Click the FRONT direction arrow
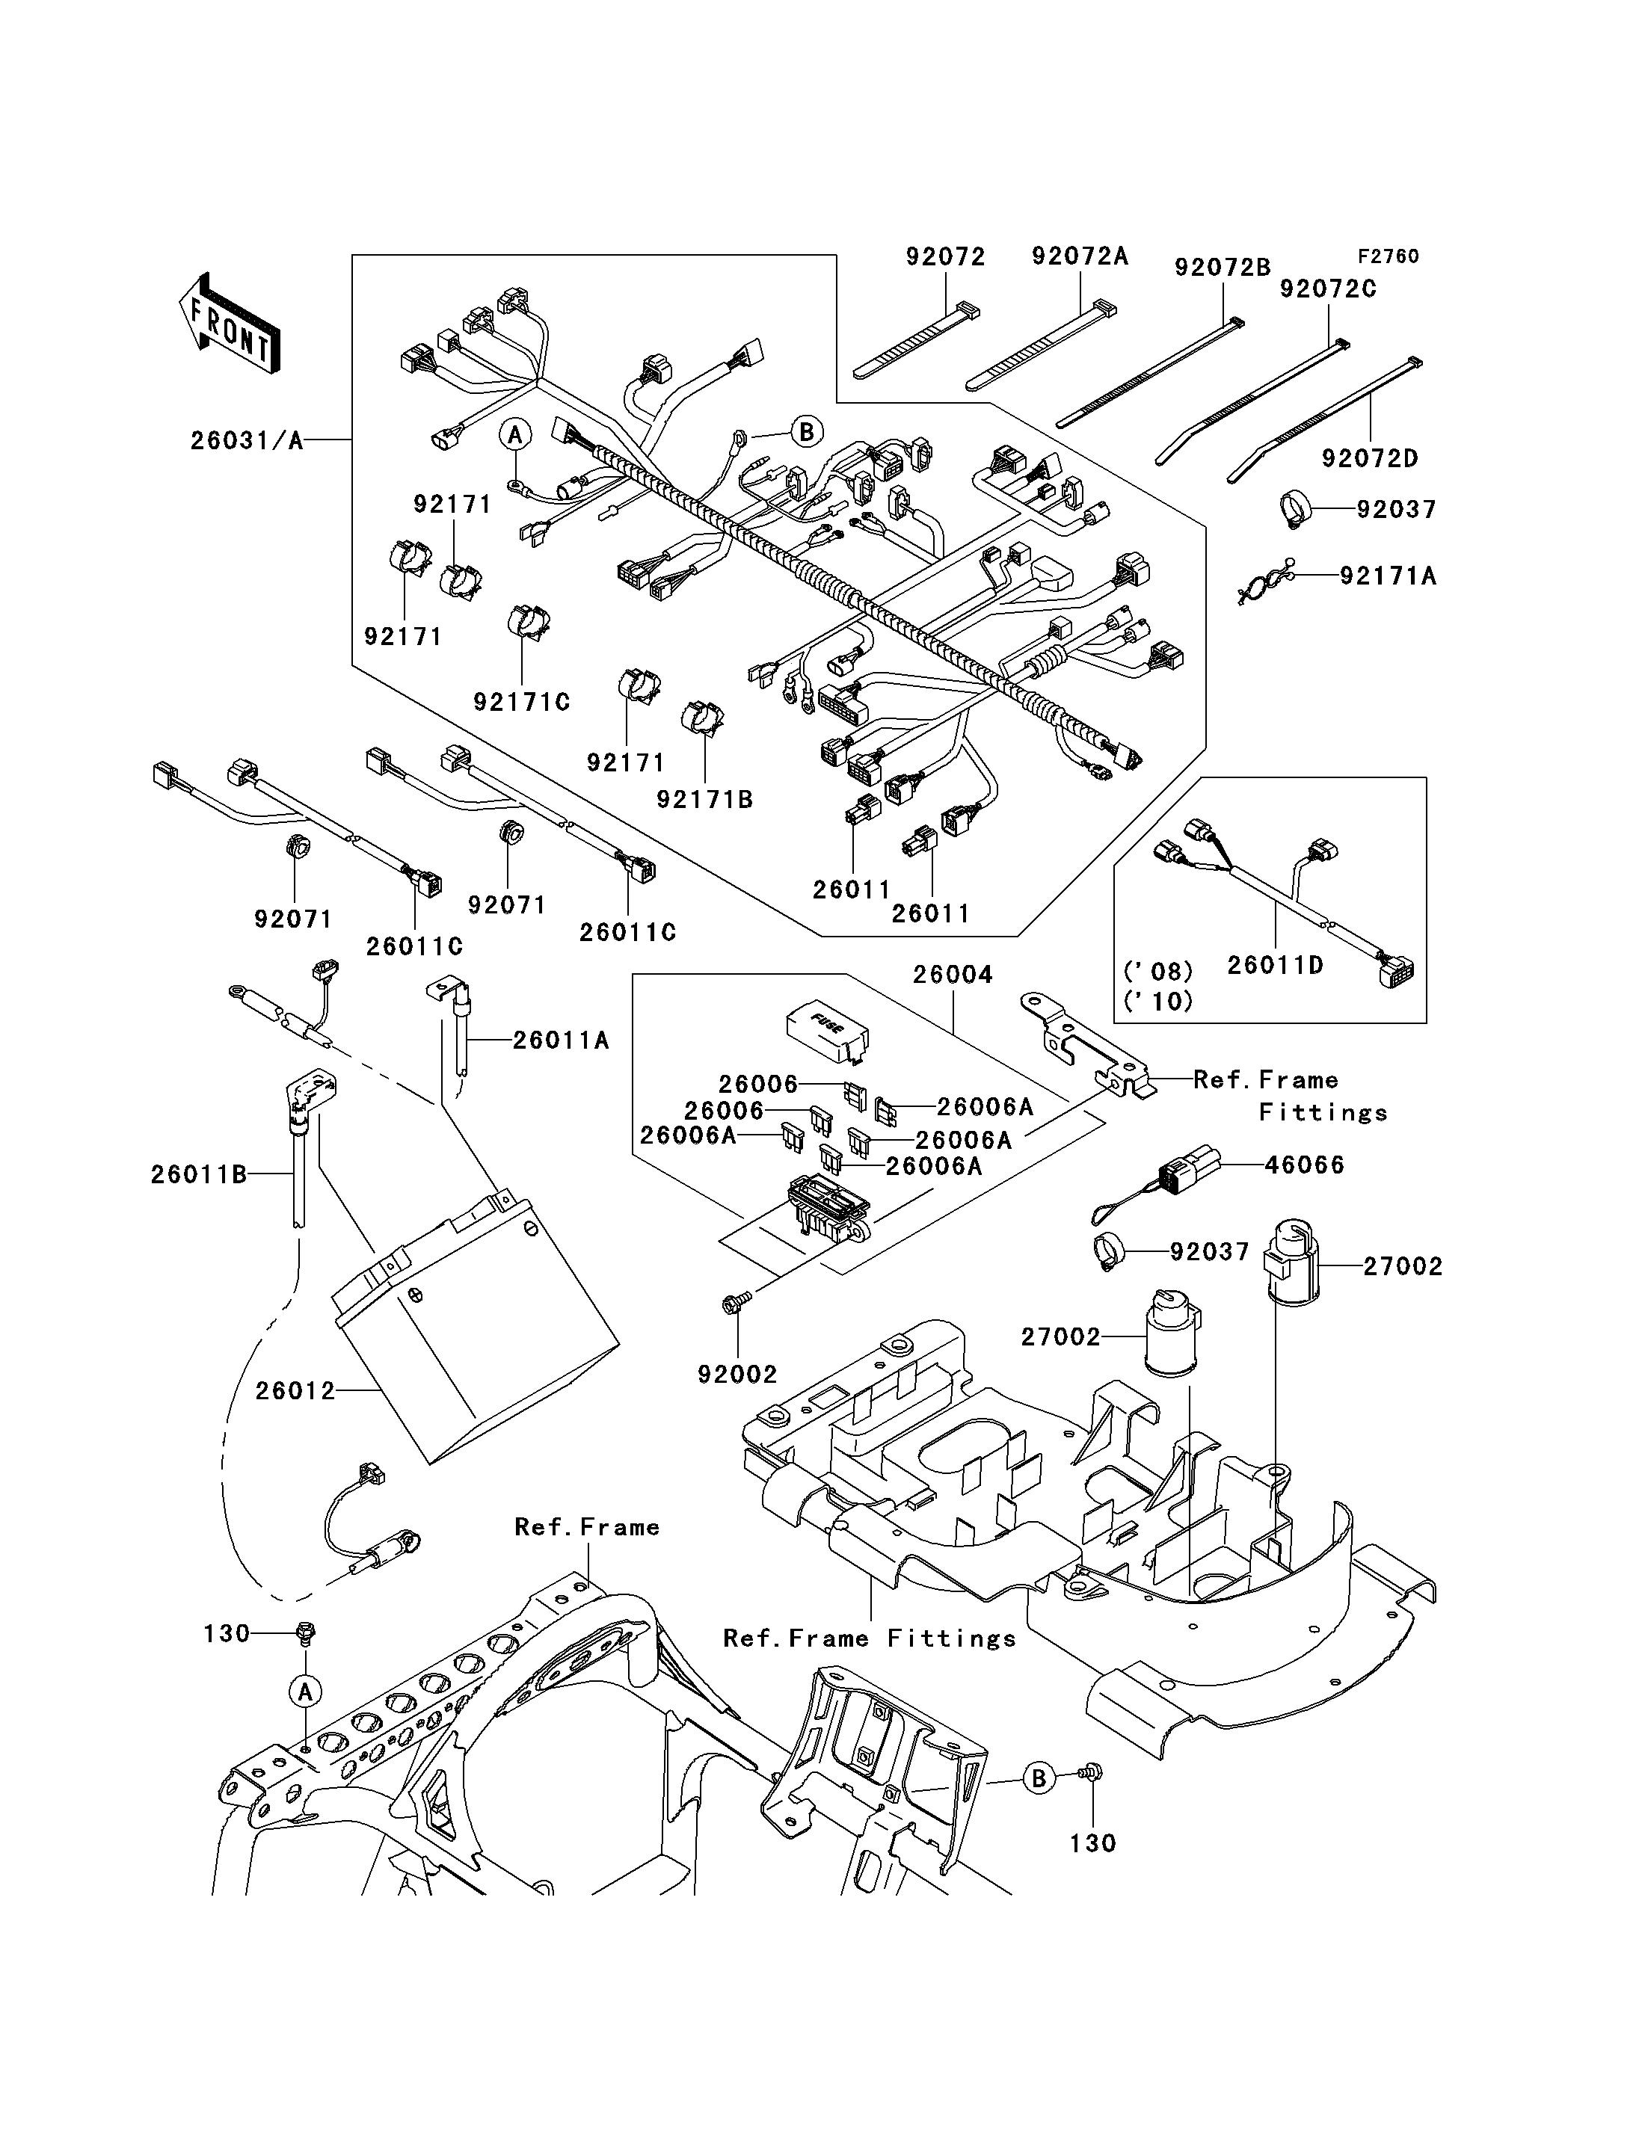[230, 323]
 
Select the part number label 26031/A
[247, 441]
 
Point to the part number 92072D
[1371, 457]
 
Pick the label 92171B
[705, 799]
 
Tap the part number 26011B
[199, 1174]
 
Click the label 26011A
[561, 1040]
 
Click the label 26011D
[1275, 966]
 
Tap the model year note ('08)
[1159, 972]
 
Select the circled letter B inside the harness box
[807, 431]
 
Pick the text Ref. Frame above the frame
[587, 1526]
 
